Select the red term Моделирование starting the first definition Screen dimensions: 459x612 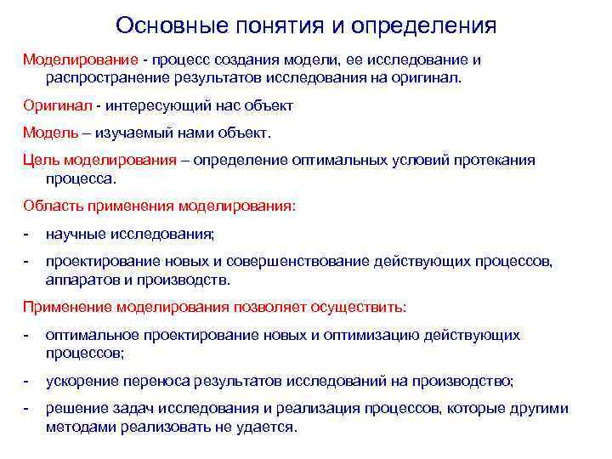coord(81,61)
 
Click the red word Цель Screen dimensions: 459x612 coord(40,161)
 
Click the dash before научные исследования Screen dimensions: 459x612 coord(26,233)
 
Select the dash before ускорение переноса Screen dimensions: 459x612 coord(26,381)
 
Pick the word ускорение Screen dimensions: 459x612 coord(82,381)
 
